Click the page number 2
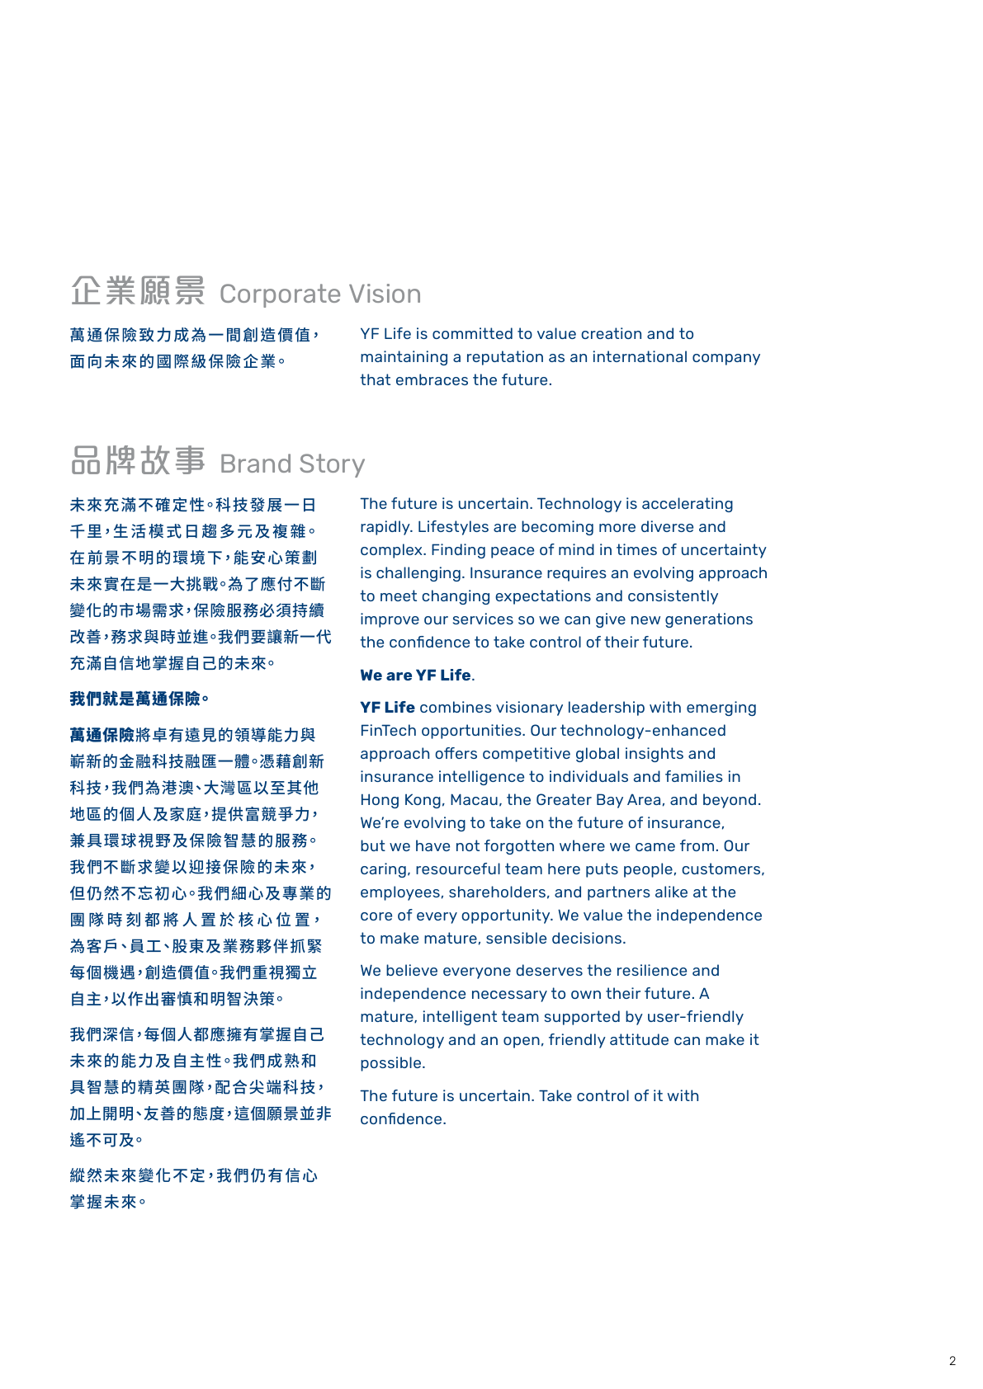(x=952, y=1361)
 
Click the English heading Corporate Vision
(x=320, y=294)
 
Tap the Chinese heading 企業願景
(x=138, y=290)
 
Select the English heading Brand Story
(x=292, y=464)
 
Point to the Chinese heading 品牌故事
(x=138, y=460)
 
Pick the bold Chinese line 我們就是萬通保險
(x=139, y=699)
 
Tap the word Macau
(x=474, y=800)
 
